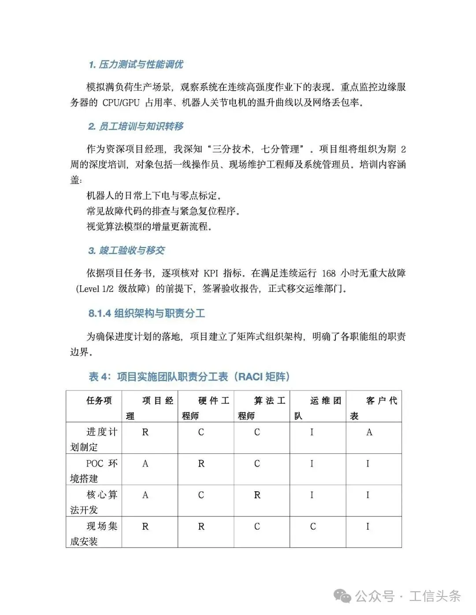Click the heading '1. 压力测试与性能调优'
tap(136, 65)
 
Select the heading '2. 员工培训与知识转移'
tap(136, 127)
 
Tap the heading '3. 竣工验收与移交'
tap(126, 251)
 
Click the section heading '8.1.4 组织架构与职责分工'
tap(147, 314)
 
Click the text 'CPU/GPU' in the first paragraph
tap(121, 103)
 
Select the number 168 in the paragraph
tap(329, 273)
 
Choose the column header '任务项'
tap(99, 401)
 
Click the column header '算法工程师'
tap(262, 408)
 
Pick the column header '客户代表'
tap(374, 408)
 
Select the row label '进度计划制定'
tap(94, 439)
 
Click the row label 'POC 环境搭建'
tap(94, 471)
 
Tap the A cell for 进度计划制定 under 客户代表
tap(369, 433)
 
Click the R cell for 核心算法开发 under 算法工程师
tap(257, 495)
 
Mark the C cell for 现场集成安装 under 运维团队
tap(313, 527)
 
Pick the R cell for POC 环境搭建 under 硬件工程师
tap(201, 464)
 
